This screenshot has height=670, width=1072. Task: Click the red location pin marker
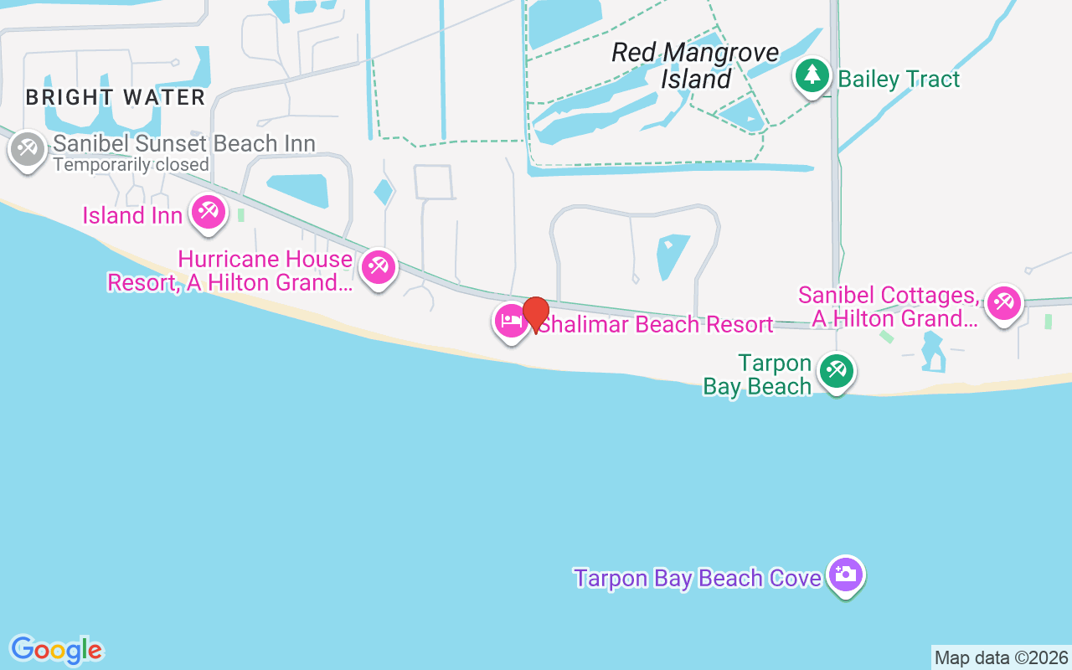click(x=536, y=314)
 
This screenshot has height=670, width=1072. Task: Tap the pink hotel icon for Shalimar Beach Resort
click(x=511, y=322)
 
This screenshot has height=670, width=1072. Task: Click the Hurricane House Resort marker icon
click(x=378, y=267)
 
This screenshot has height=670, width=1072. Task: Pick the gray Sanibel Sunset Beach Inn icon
click(x=28, y=150)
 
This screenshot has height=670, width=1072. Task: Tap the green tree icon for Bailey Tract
click(x=811, y=76)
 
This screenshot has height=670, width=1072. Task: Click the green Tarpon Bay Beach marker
click(x=836, y=370)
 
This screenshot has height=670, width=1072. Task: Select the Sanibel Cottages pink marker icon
click(x=1003, y=303)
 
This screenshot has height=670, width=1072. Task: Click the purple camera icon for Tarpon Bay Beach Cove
click(x=847, y=575)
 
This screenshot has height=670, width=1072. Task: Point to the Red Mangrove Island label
click(x=695, y=65)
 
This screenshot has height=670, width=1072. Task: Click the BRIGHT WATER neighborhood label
click(x=116, y=97)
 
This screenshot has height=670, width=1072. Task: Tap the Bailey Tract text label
click(x=899, y=80)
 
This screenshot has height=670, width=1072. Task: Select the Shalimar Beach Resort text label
click(x=656, y=324)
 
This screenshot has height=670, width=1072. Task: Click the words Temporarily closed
click(x=131, y=165)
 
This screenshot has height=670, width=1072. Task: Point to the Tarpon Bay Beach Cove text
click(x=698, y=578)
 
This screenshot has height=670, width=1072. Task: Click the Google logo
click(x=57, y=650)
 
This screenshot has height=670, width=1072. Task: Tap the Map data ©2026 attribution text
click(x=1001, y=658)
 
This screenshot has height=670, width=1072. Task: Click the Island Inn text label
click(x=132, y=216)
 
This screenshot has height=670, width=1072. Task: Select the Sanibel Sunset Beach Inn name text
click(x=184, y=143)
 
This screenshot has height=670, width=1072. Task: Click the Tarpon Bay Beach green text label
click(x=758, y=375)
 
